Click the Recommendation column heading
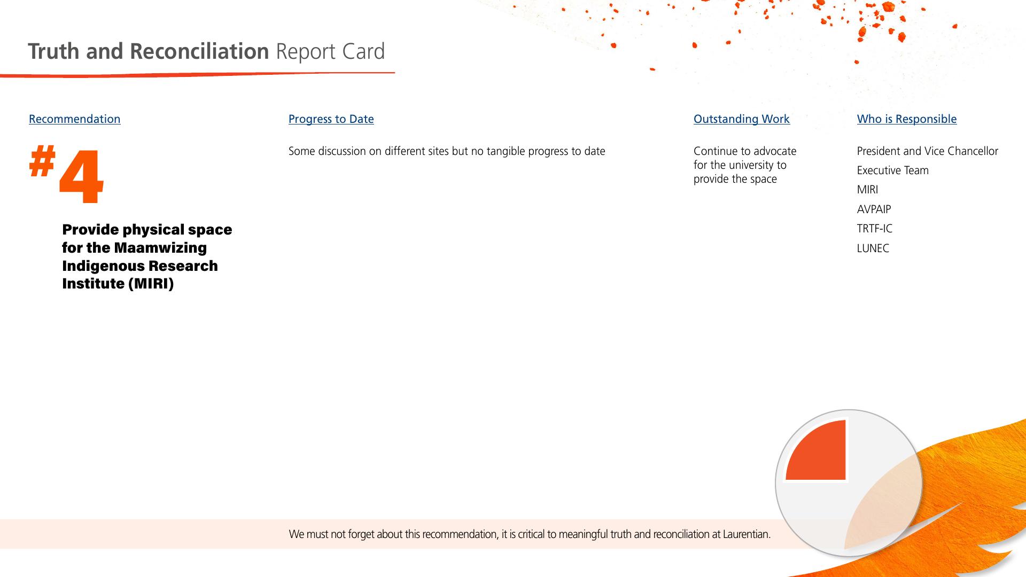75,119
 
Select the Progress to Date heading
331,119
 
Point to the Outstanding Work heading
742,119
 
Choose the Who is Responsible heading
907,119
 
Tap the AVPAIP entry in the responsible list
874,209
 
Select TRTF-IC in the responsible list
875,229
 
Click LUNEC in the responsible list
873,248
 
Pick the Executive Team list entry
893,170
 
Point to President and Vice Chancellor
928,151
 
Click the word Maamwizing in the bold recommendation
160,248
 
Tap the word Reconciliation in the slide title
199,51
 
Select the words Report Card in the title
330,51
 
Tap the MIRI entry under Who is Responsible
867,190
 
